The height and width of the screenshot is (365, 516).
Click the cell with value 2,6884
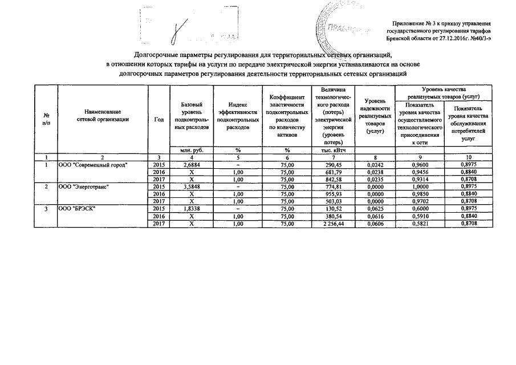click(x=191, y=165)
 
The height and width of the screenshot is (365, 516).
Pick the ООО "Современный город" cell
click(x=93, y=165)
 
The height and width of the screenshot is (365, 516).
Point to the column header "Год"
click(x=159, y=119)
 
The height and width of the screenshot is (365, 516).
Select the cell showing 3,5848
click(x=191, y=186)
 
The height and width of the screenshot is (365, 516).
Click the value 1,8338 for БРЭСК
click(x=191, y=208)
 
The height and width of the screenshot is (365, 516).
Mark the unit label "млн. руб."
click(x=191, y=150)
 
